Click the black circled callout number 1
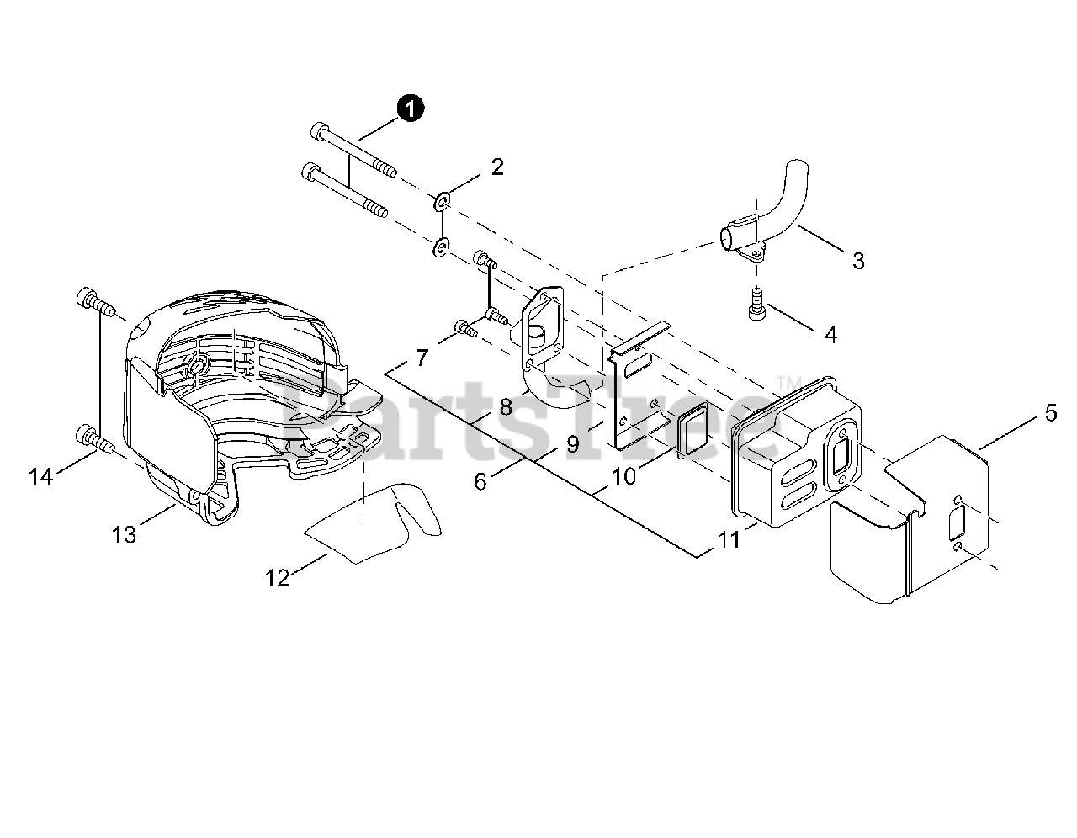[411, 109]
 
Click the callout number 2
[497, 167]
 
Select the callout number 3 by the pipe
[857, 261]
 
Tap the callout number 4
[830, 335]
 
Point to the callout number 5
[1050, 413]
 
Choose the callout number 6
[480, 481]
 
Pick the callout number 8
[505, 407]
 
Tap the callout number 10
[623, 476]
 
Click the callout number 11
[729, 538]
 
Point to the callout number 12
[277, 577]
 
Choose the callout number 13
[124, 533]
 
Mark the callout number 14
[40, 477]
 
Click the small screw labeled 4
[756, 303]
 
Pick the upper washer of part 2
[443, 202]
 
